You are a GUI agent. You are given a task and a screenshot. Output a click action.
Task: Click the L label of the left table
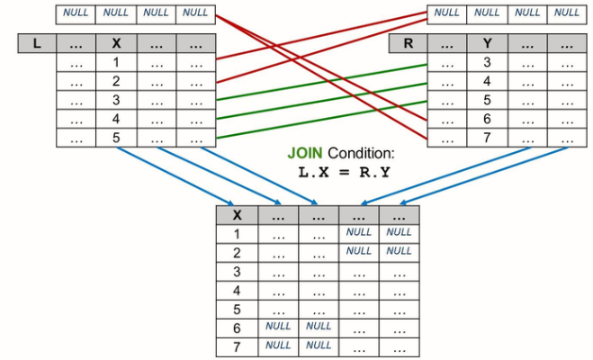coord(37,43)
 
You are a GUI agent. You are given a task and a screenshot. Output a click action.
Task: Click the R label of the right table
coord(408,43)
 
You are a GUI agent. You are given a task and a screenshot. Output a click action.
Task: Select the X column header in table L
coord(116,43)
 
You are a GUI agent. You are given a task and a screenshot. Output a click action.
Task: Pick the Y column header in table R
coord(487,43)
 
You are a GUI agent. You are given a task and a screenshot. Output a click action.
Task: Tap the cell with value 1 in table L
coord(116,62)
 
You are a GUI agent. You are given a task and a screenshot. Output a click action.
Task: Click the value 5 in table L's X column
coord(116,138)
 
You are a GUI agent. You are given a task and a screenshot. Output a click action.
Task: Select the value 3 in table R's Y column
coord(487,62)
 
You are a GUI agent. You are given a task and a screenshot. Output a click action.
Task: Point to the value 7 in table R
coord(487,138)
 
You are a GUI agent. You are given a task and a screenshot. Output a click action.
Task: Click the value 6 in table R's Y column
coord(487,119)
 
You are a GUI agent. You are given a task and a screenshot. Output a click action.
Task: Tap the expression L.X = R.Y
coord(346,172)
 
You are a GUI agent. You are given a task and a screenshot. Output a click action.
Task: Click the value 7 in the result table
coord(237,346)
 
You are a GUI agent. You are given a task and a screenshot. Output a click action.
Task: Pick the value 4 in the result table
coord(237,290)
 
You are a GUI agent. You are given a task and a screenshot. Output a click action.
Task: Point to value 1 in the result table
coord(237,233)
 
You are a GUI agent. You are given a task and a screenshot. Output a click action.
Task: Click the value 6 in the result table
coord(237,328)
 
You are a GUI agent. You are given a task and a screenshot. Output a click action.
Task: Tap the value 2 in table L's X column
coord(116,81)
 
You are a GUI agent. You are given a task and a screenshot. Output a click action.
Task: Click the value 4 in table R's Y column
coord(487,81)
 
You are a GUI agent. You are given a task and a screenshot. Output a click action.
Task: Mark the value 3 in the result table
coord(237,271)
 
